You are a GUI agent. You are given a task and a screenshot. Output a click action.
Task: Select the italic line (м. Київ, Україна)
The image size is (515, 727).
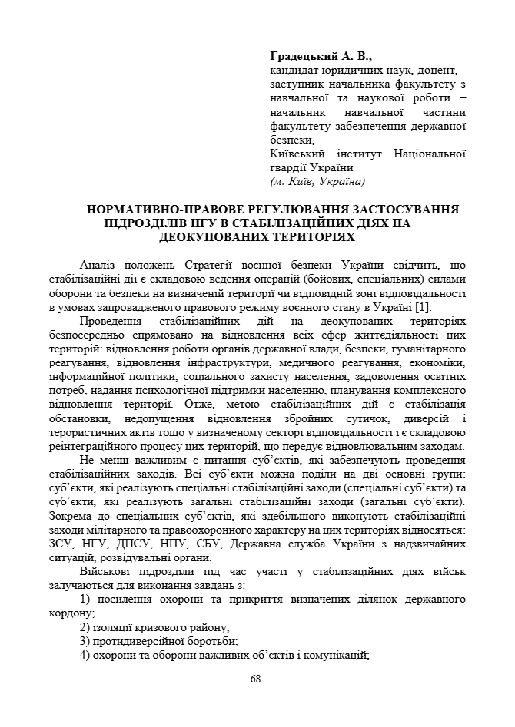tap(317, 182)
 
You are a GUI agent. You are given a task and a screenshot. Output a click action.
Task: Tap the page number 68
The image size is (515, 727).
tap(256, 679)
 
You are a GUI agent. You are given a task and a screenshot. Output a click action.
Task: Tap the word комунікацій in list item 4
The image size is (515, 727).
tap(335, 655)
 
